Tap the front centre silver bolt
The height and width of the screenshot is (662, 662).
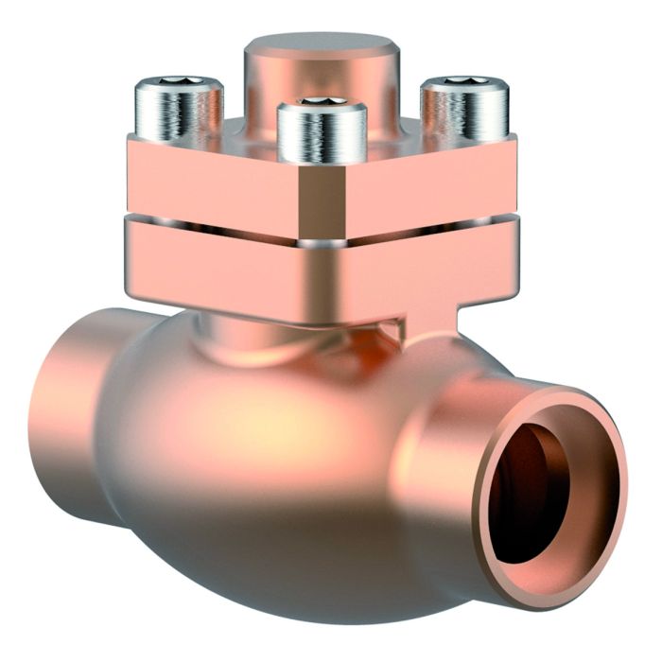click(x=322, y=132)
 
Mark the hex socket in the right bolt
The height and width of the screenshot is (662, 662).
click(x=464, y=82)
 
